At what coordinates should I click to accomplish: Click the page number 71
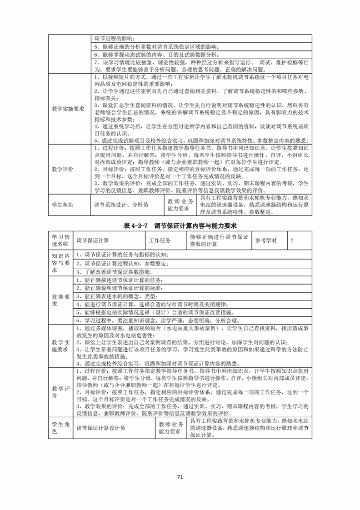click(x=180, y=477)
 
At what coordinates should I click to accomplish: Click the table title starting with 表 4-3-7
click(x=180, y=225)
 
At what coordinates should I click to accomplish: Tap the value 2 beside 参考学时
click(x=292, y=240)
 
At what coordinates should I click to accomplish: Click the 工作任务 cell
click(x=160, y=240)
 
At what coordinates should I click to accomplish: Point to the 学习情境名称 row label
click(x=60, y=240)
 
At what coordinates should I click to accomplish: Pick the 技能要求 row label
click(x=60, y=300)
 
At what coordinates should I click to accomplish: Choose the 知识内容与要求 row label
click(x=60, y=263)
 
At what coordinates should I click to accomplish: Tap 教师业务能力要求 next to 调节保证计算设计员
click(x=170, y=428)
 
